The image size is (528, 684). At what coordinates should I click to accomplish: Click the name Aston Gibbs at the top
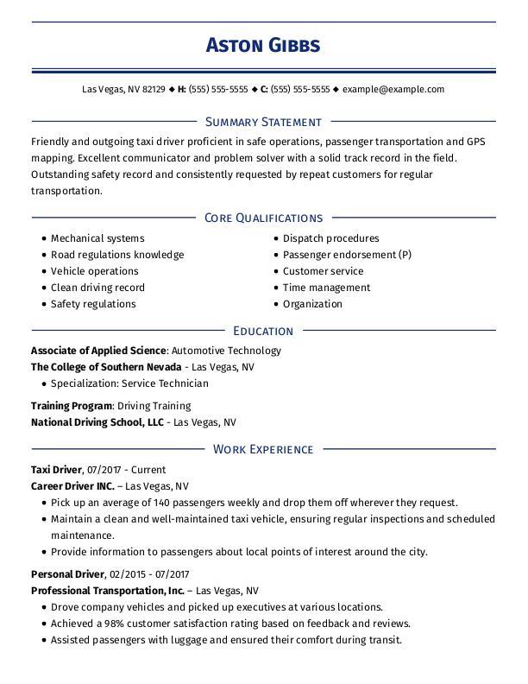click(x=263, y=46)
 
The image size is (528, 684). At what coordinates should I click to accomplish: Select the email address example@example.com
click(x=393, y=89)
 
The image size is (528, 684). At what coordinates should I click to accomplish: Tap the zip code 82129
click(x=154, y=89)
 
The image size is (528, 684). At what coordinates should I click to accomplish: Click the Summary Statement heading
click(x=263, y=123)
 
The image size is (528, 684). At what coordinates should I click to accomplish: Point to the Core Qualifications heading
click(x=263, y=218)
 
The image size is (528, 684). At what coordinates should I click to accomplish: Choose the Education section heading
click(x=263, y=332)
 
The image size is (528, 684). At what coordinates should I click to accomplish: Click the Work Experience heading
click(x=263, y=449)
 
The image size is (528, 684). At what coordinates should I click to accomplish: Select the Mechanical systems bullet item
click(x=97, y=238)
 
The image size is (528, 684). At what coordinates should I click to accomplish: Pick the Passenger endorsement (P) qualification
click(x=347, y=255)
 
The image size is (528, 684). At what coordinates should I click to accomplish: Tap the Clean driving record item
click(x=97, y=288)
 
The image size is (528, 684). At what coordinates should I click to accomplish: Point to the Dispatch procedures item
click(x=330, y=238)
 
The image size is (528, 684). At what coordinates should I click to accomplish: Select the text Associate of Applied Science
click(x=98, y=351)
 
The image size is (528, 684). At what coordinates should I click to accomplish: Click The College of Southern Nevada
click(x=105, y=367)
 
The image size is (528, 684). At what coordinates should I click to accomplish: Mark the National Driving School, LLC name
click(x=97, y=422)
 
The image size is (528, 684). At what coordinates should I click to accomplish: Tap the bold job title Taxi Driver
click(x=56, y=470)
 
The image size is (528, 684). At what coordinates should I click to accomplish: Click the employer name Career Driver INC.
click(x=72, y=486)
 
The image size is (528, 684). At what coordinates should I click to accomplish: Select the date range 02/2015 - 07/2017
click(x=150, y=574)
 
